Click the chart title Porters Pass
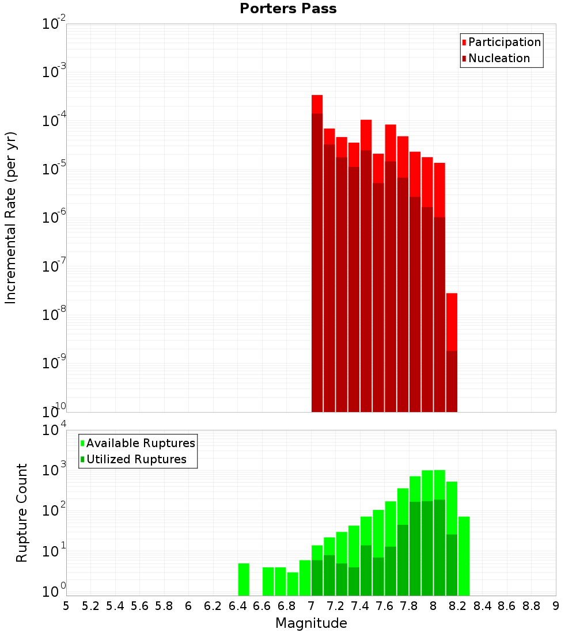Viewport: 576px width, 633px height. (288, 9)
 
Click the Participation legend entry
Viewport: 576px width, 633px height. (505, 42)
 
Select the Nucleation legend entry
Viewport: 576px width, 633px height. (499, 58)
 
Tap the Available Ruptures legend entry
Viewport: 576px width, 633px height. (141, 443)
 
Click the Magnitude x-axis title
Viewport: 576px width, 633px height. (311, 623)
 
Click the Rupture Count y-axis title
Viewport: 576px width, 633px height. (22, 513)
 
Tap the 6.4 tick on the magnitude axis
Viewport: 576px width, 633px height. (237, 606)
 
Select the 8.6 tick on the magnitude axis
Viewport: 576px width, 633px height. (507, 606)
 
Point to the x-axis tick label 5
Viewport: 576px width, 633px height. (66, 606)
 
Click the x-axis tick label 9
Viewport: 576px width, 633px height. (556, 606)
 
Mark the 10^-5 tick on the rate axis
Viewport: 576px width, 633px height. (54, 169)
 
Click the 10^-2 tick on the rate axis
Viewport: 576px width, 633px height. (54, 24)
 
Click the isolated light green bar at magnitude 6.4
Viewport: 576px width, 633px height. (244, 579)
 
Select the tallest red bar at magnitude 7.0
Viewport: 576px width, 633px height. (317, 104)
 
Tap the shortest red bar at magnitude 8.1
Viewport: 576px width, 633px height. (452, 322)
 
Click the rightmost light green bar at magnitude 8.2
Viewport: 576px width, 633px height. (464, 556)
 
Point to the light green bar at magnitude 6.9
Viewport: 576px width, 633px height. (305, 578)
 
